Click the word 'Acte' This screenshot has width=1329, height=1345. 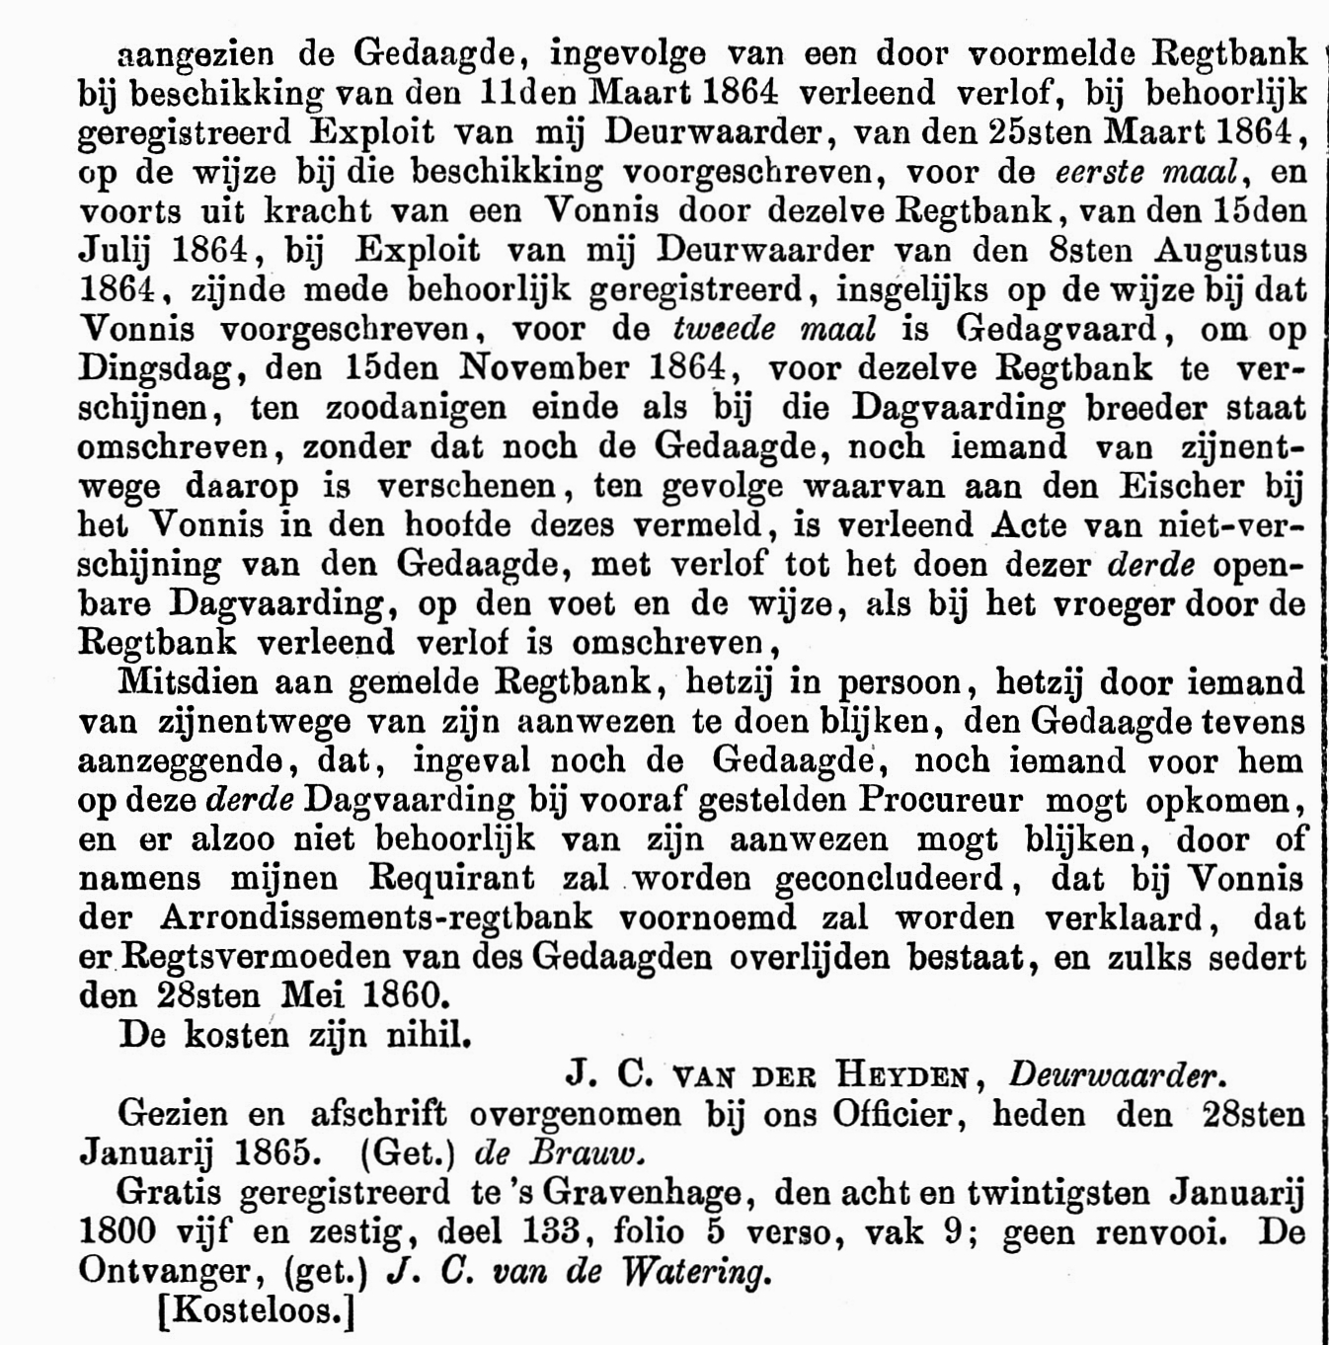[1027, 524]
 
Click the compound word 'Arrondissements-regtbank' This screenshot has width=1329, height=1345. [376, 916]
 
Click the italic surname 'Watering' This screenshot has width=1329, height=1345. [693, 1271]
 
